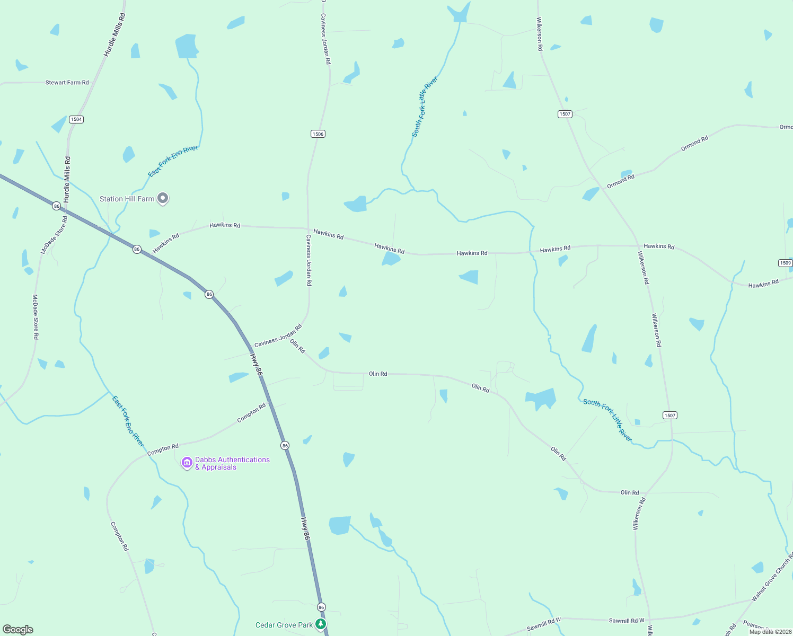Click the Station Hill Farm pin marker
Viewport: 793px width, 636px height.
pyautogui.click(x=163, y=198)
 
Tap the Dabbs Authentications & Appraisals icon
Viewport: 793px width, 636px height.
pyautogui.click(x=187, y=463)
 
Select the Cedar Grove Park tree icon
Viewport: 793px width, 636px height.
pyautogui.click(x=321, y=624)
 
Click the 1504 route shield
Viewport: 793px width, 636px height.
pyautogui.click(x=76, y=119)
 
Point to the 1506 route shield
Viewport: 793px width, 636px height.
pyautogui.click(x=318, y=134)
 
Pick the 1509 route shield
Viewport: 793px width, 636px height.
pyautogui.click(x=786, y=263)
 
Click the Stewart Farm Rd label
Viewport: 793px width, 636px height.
pyautogui.click(x=67, y=83)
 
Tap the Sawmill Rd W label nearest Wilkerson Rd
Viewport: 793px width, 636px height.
pyautogui.click(x=627, y=621)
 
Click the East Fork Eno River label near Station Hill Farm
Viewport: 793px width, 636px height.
pyautogui.click(x=173, y=161)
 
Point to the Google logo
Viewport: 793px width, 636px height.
pyautogui.click(x=18, y=630)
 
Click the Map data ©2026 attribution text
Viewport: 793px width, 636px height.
pyautogui.click(x=769, y=632)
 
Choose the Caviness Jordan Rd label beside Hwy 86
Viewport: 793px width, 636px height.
pyautogui.click(x=278, y=336)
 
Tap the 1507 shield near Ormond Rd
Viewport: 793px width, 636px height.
pyautogui.click(x=565, y=114)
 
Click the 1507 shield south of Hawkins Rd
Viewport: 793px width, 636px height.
pyautogui.click(x=670, y=415)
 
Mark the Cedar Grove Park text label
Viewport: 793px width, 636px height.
pyautogui.click(x=284, y=625)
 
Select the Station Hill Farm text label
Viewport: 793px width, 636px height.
pyautogui.click(x=127, y=199)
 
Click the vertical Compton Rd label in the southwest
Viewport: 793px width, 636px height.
pyautogui.click(x=119, y=536)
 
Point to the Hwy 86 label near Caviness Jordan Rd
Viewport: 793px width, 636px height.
pyautogui.click(x=256, y=365)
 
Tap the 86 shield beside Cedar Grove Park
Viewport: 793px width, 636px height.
pyautogui.click(x=321, y=607)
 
